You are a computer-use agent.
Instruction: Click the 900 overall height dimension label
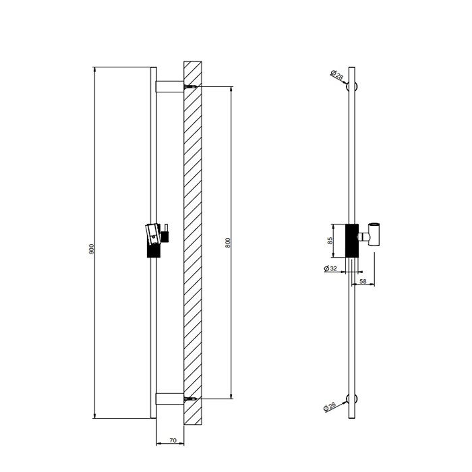coord(92,249)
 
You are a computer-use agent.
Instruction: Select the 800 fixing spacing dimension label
coord(228,243)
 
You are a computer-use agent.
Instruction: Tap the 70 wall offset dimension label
coord(173,440)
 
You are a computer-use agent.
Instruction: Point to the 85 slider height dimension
coord(330,241)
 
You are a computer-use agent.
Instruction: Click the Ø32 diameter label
coord(330,268)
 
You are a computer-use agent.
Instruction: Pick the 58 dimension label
coord(363,281)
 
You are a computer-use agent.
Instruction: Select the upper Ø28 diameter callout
coord(336,75)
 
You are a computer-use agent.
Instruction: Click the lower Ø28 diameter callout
coord(329,407)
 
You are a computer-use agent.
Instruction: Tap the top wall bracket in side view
coord(169,86)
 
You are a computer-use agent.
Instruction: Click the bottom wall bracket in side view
coord(169,399)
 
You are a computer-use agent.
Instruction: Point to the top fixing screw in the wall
coord(190,87)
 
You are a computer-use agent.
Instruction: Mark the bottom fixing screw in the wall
coord(190,399)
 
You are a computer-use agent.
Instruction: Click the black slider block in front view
coord(351,241)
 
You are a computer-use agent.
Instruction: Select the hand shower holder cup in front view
coord(374,234)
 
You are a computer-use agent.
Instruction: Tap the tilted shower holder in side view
coord(152,234)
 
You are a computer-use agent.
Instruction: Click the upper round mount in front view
coord(351,87)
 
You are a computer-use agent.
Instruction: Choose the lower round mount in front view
coord(351,399)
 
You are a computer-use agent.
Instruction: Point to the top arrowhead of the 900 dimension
coord(95,69)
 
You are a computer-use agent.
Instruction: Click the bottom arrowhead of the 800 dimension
coord(231,396)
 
